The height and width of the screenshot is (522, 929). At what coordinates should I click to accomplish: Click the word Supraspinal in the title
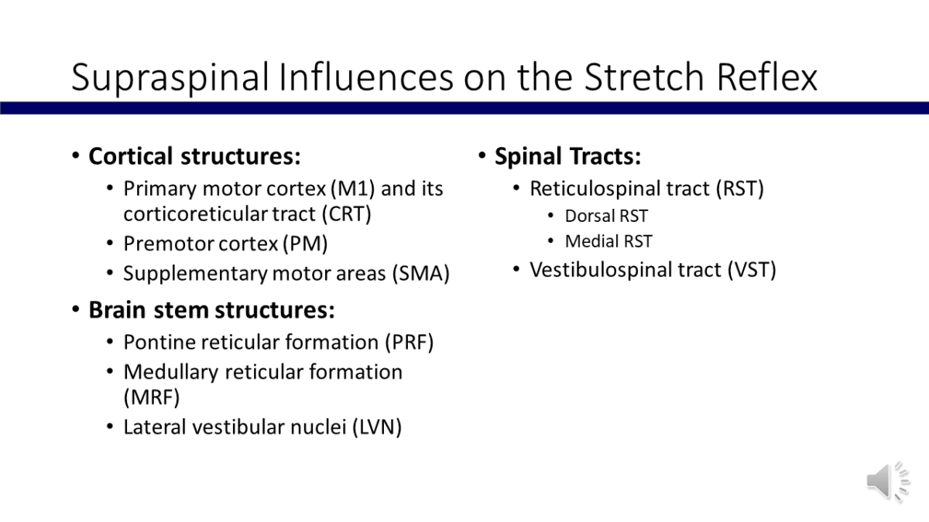[170, 78]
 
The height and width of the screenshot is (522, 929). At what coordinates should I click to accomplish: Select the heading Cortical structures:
[194, 156]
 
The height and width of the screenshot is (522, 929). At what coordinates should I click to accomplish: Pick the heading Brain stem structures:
[211, 310]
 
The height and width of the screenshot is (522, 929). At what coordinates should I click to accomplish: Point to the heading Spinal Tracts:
[567, 156]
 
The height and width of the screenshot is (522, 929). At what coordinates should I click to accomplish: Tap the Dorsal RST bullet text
[606, 217]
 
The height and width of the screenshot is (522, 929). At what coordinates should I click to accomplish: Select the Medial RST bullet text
[608, 241]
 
